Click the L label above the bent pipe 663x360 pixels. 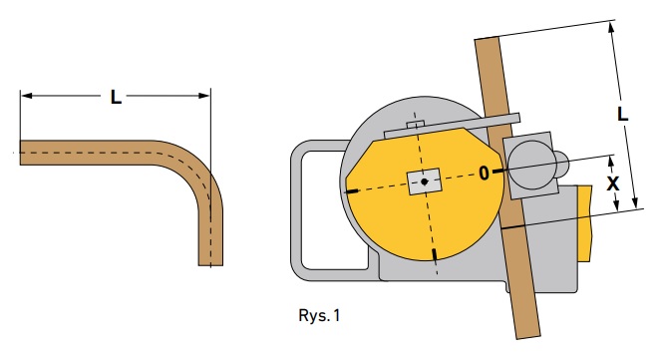[116, 97]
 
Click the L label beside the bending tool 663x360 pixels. [622, 114]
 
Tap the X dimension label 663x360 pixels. [613, 183]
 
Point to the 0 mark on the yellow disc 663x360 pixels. [484, 174]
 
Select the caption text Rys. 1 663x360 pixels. [319, 315]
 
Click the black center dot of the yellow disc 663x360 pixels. [425, 181]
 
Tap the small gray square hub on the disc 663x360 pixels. [424, 181]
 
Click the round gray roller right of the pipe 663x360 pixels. [530, 164]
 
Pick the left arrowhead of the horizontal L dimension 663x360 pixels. [26, 96]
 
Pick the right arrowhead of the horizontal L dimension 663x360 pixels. [204, 96]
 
